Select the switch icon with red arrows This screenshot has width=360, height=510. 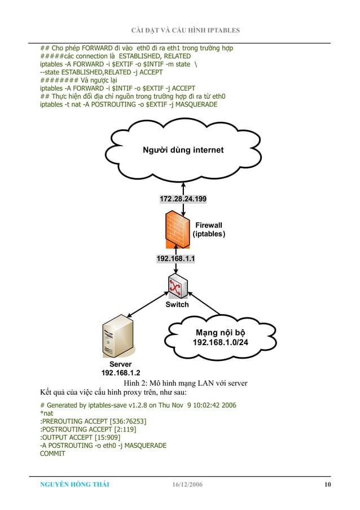(x=177, y=287)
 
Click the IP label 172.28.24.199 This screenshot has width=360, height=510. (x=183, y=199)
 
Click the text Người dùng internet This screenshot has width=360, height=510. (x=183, y=150)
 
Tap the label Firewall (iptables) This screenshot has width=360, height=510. (x=209, y=229)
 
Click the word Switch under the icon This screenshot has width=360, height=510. (x=177, y=304)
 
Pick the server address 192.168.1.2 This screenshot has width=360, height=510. (x=120, y=373)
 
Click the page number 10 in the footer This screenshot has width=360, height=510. (x=327, y=485)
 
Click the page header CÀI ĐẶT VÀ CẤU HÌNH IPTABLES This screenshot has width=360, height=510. (x=185, y=30)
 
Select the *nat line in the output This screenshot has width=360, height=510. (x=46, y=413)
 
